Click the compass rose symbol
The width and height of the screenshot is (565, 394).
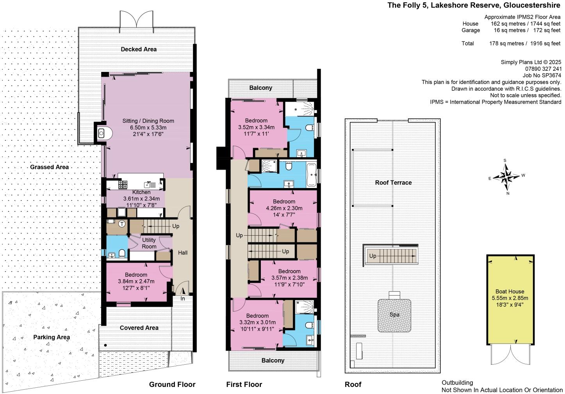(x=506, y=177)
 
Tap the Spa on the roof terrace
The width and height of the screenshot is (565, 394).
(x=394, y=315)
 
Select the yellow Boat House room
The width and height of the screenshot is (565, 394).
(x=510, y=299)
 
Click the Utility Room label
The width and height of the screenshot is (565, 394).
(x=149, y=243)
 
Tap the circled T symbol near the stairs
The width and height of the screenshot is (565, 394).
(x=122, y=224)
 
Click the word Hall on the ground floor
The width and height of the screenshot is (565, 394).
(x=183, y=253)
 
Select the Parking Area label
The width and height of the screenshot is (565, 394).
(x=52, y=337)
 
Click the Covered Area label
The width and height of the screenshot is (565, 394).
(x=139, y=328)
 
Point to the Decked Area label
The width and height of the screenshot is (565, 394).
(x=139, y=49)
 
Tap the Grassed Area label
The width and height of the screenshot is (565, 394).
(x=49, y=167)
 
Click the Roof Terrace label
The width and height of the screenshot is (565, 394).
(x=393, y=183)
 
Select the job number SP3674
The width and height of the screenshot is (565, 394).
(x=550, y=75)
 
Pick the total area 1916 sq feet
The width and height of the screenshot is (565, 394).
(x=545, y=43)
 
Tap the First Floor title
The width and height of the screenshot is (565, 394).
(x=244, y=384)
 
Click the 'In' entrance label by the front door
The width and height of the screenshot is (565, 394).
(x=183, y=299)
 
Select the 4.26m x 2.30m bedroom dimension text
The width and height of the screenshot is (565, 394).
(x=284, y=208)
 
